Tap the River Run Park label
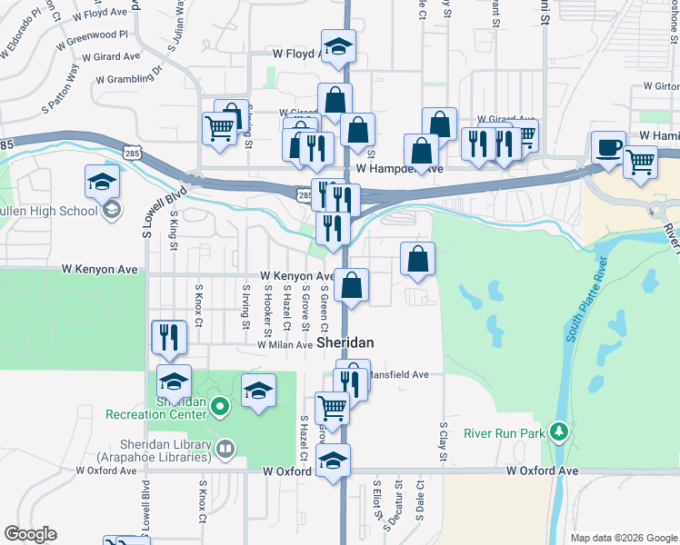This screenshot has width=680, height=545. (504, 433)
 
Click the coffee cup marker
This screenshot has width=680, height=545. (607, 145)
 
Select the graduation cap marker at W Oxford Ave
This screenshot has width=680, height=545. (334, 461)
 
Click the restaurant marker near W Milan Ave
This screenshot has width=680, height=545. (168, 338)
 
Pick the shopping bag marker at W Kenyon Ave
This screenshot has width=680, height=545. (352, 285)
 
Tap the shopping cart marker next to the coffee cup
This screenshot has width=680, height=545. (641, 163)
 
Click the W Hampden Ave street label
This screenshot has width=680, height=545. (399, 169)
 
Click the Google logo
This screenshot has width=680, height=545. (30, 534)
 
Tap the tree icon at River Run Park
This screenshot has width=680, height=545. (560, 430)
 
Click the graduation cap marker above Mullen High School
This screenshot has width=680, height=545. (103, 182)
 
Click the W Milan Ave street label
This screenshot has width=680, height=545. (285, 345)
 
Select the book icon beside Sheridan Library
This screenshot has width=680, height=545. (225, 448)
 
